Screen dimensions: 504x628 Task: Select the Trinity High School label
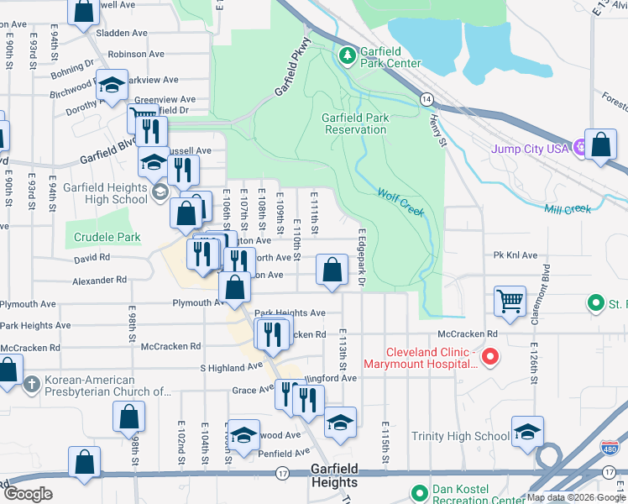coord(460,436)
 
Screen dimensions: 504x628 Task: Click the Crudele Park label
coord(107,238)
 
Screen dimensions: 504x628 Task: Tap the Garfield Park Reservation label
coord(355,123)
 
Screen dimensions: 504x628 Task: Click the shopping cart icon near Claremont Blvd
coord(510,301)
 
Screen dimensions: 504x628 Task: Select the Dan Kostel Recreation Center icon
coord(420,491)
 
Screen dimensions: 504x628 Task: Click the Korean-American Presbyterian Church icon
coord(31,385)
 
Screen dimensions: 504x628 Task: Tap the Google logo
coord(28,494)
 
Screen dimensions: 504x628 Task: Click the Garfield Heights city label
coord(334,476)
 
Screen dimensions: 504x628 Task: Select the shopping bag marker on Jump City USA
coord(601,144)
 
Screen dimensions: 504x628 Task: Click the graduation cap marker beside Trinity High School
coord(527,431)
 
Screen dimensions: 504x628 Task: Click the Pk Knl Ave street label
coord(515,255)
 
